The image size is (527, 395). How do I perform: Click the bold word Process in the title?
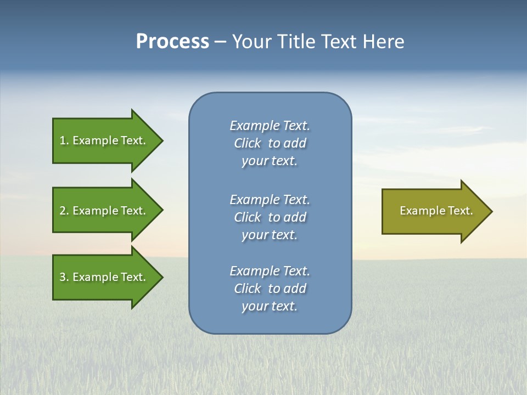(172, 42)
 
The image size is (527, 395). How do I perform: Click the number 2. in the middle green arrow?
(64, 211)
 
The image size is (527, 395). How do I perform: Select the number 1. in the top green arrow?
(64, 140)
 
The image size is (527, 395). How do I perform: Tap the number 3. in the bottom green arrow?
(64, 277)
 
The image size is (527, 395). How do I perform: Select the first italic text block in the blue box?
(270, 143)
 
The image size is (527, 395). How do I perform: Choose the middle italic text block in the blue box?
(270, 217)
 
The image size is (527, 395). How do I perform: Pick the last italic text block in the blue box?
(270, 289)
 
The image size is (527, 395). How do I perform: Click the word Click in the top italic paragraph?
(248, 143)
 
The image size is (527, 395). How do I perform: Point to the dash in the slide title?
(220, 42)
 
